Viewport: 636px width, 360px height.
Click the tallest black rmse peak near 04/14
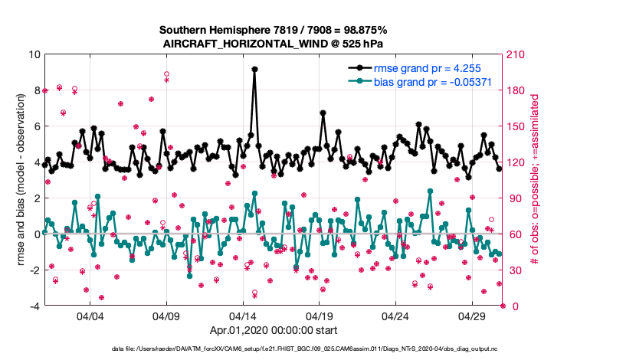coord(254,69)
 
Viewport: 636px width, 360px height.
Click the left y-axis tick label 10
coord(34,55)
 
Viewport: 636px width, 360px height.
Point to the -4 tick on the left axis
coord(34,306)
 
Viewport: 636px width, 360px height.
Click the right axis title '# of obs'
coord(535,180)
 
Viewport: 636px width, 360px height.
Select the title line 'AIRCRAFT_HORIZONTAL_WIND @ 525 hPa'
coord(274,44)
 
